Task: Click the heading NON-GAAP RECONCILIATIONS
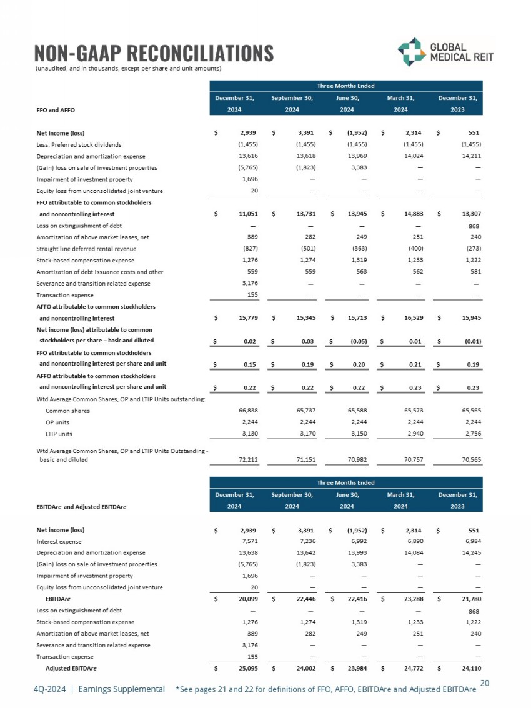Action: [154, 52]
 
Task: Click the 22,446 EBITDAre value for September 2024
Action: [301, 599]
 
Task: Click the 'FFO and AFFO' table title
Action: [56, 110]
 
